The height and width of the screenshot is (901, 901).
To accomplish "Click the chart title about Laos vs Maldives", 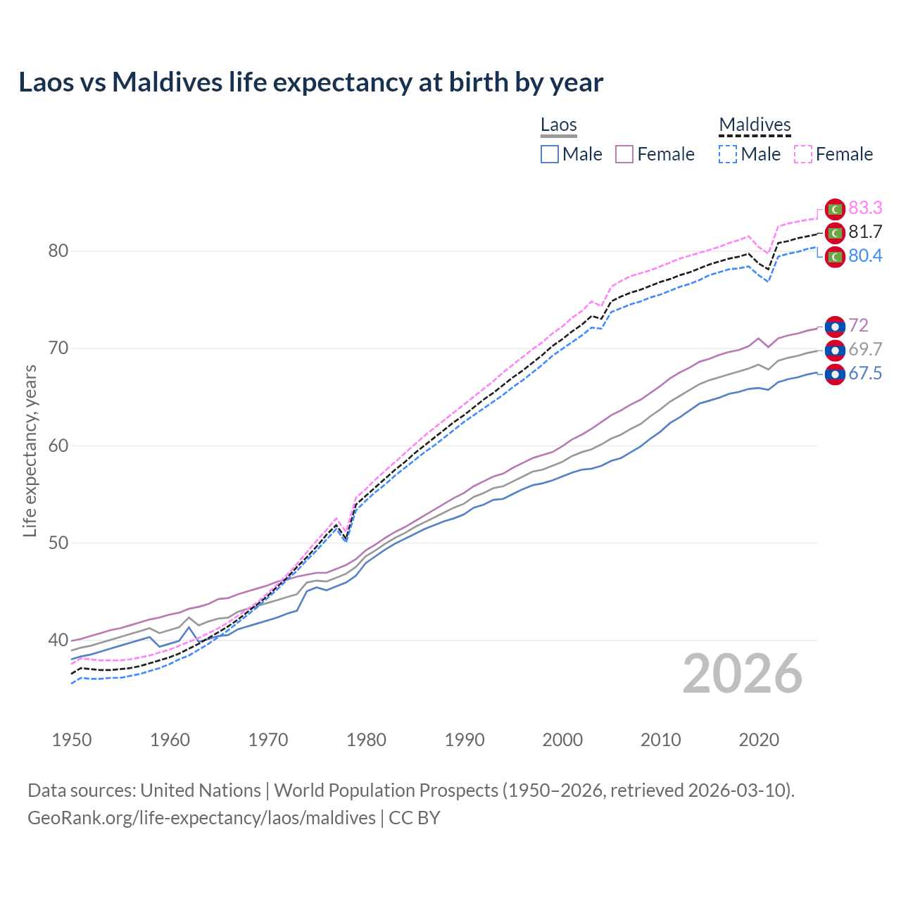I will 310,82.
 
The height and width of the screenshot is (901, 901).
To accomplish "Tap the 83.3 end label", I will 865,208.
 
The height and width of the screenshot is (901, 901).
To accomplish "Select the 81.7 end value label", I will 865,232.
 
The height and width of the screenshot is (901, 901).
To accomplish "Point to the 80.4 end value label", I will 865,256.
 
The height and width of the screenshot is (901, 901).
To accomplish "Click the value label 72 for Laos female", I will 858,325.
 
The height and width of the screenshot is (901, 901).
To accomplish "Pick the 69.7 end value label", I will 865,349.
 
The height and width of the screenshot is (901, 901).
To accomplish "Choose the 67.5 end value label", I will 865,373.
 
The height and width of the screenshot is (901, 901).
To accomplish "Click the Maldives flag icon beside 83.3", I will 835,209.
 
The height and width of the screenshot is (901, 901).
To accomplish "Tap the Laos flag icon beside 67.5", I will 835,374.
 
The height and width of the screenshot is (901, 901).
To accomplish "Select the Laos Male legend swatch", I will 550,154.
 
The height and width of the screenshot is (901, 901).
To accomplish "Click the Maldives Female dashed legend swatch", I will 803,154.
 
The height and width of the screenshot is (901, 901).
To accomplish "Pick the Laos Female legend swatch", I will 624,154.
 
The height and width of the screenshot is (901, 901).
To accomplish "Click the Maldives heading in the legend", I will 755,125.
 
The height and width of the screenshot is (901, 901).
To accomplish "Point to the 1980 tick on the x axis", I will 367,740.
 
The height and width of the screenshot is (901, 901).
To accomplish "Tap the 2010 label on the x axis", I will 660,740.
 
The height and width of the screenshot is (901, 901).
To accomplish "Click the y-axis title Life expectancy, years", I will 30,450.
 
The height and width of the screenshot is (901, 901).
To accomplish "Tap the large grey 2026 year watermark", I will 743,674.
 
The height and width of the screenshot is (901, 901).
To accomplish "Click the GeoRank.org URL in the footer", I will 201,817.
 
